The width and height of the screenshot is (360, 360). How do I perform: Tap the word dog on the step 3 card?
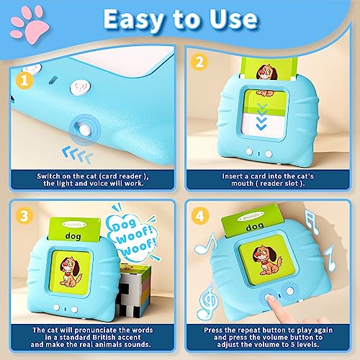pos(75,234)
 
